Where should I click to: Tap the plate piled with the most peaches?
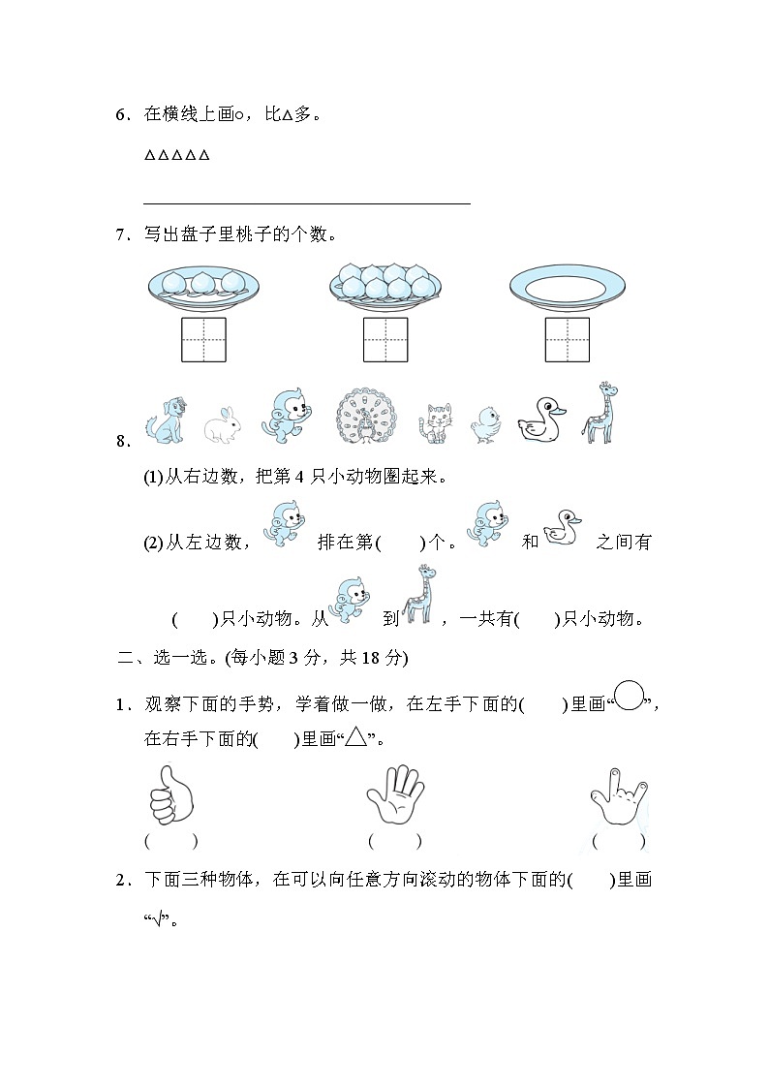385,283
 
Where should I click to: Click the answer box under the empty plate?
567,339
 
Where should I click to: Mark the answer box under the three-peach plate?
204,339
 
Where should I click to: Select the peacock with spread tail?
368,419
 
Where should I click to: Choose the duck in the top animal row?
539,420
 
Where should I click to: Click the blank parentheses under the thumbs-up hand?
171,841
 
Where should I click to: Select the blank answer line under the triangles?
306,202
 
